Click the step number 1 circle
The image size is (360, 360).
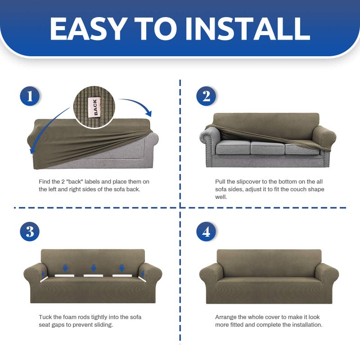(30, 96)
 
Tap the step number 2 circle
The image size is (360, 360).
(206, 96)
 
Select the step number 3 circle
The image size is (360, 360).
(30, 231)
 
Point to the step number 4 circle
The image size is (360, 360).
(206, 231)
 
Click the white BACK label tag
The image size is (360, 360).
(94, 107)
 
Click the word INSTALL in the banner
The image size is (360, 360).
(248, 29)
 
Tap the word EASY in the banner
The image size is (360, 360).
(89, 29)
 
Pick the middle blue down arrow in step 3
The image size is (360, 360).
(93, 268)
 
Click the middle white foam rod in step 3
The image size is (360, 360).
(93, 275)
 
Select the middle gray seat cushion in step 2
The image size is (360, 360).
(267, 148)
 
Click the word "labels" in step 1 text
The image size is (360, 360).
(92, 182)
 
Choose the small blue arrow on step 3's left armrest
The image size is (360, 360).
(43, 274)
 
